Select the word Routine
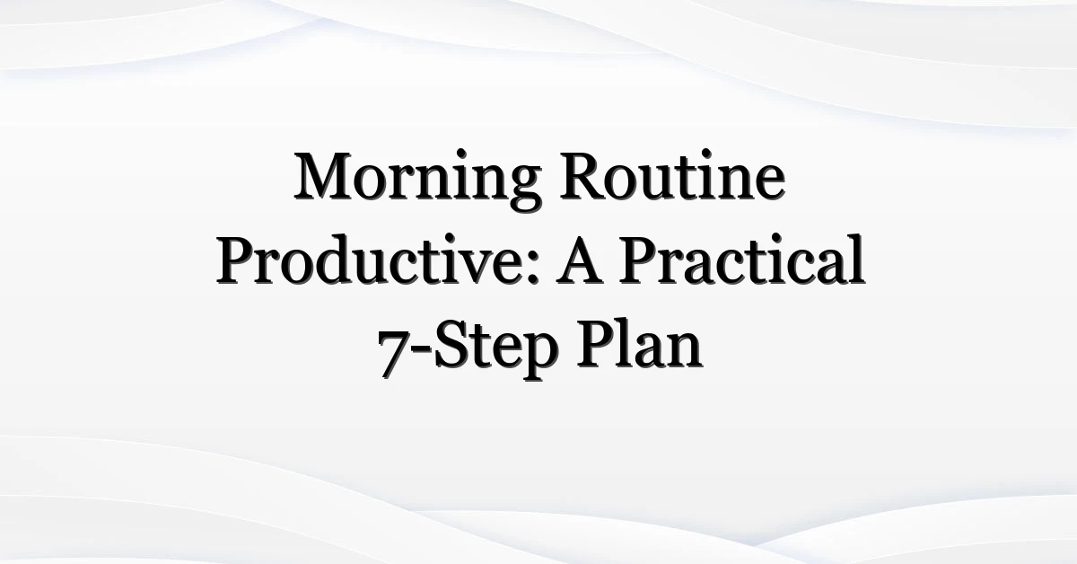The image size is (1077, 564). [672, 176]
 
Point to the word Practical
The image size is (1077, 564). [742, 260]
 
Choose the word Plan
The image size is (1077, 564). [639, 344]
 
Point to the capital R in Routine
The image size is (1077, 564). [583, 176]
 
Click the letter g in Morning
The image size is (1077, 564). [523, 188]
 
